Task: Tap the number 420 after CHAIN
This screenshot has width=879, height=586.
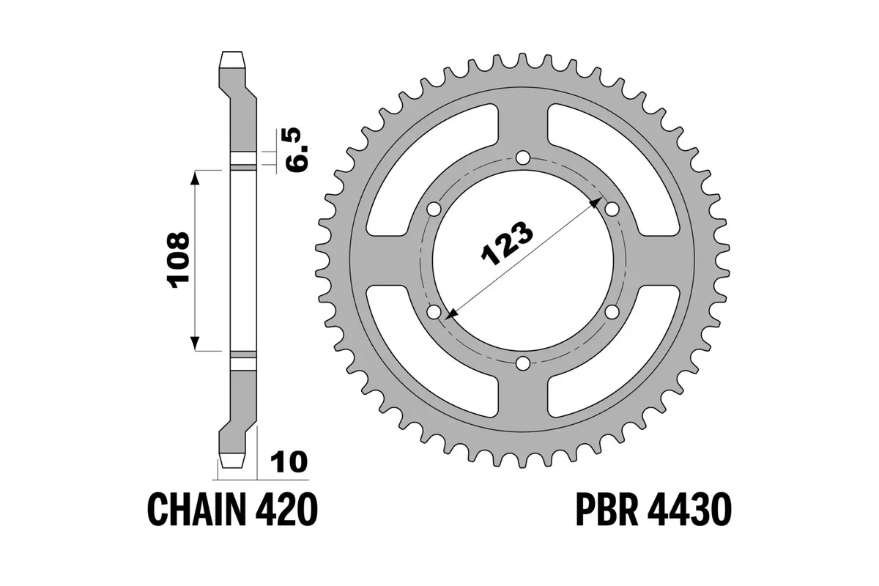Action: pos(290,508)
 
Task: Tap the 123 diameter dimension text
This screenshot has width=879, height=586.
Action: pos(506,242)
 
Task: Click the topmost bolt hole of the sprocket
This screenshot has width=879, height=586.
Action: pos(522,157)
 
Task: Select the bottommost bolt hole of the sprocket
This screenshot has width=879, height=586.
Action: pos(522,363)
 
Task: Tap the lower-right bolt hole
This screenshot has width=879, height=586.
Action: pos(612,311)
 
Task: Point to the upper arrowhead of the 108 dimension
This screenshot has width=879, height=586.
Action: pos(195,176)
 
